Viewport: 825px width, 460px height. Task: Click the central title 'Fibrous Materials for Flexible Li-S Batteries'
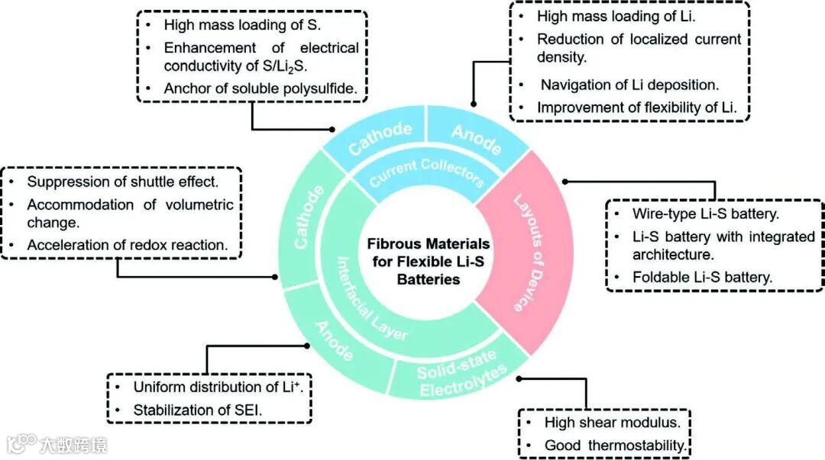coord(429,262)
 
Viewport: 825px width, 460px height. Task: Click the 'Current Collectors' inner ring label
coord(426,172)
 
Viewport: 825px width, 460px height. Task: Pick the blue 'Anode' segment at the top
coord(476,137)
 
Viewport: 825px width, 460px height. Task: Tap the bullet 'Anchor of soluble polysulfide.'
coord(260,89)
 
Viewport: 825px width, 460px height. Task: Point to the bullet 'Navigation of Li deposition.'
coord(629,85)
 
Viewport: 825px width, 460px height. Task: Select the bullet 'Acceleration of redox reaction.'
coord(127,245)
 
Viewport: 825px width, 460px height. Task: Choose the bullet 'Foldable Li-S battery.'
coord(702,278)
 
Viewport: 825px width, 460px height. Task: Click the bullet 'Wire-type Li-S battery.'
coord(705,214)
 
